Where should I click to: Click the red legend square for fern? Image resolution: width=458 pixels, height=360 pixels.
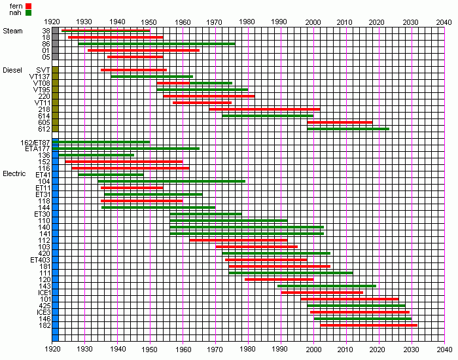(x=28, y=6)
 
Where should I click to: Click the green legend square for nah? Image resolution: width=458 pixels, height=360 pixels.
(x=28, y=12)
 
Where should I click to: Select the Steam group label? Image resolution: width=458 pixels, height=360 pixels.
(x=12, y=31)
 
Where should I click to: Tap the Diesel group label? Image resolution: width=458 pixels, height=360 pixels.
(x=13, y=70)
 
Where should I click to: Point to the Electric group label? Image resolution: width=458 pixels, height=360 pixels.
(x=14, y=174)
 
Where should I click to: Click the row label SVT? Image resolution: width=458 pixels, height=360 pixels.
(x=43, y=70)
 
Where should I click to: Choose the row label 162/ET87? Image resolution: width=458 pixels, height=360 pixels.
(x=37, y=142)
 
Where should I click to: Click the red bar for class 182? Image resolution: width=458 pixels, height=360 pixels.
(x=368, y=325)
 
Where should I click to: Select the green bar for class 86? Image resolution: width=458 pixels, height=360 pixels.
(x=156, y=44)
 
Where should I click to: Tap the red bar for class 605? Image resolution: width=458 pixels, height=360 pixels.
(x=340, y=122)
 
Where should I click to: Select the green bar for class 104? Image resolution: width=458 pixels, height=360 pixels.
(x=171, y=181)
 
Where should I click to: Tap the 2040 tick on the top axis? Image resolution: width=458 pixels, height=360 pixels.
(x=445, y=22)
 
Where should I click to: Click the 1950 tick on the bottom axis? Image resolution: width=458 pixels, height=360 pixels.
(x=150, y=350)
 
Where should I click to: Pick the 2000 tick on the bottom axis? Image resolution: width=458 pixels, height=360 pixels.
(x=313, y=350)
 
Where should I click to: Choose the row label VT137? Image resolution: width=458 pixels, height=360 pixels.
(x=40, y=77)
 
